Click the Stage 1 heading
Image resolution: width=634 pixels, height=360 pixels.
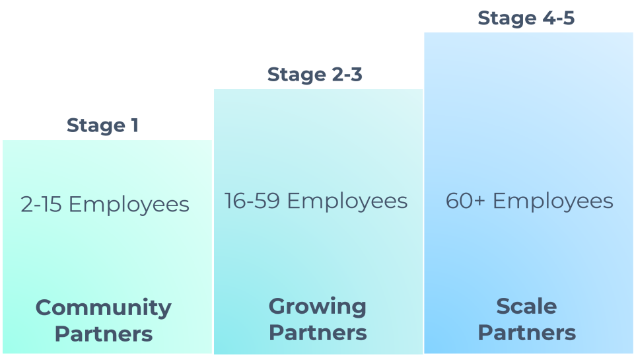pyautogui.click(x=102, y=125)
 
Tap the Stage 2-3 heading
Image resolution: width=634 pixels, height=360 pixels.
pyautogui.click(x=315, y=75)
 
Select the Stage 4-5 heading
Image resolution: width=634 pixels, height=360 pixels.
pyautogui.click(x=526, y=18)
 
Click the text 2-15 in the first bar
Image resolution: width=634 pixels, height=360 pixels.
pyautogui.click(x=42, y=205)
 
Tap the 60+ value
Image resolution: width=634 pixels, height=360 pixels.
pyautogui.click(x=466, y=201)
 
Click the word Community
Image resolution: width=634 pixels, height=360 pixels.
pyautogui.click(x=104, y=308)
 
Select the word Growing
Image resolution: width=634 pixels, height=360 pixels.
pyautogui.click(x=317, y=306)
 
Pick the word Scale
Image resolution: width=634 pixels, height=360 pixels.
pyautogui.click(x=526, y=306)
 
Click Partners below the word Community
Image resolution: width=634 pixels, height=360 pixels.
pyautogui.click(x=104, y=334)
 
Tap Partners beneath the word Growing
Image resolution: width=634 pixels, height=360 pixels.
pyautogui.click(x=318, y=332)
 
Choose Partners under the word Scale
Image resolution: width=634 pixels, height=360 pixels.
pyautogui.click(x=527, y=332)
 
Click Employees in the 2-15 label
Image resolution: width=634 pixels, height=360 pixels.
pyautogui.click(x=129, y=205)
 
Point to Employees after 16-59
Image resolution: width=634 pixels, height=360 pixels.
pyautogui.click(x=347, y=201)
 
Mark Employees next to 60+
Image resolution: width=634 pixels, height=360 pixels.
pyautogui.click(x=553, y=201)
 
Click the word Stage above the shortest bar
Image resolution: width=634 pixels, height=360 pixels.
pyautogui.click(x=96, y=125)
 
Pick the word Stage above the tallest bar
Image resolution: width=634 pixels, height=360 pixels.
pyautogui.click(x=507, y=18)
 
